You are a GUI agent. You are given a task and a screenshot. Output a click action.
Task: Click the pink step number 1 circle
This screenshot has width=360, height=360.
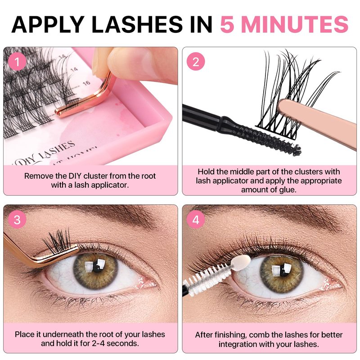point(17,62)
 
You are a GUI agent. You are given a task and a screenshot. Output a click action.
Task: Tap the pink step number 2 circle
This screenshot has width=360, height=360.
point(196,62)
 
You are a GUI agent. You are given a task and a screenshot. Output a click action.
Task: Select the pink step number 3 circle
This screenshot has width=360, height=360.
point(17,220)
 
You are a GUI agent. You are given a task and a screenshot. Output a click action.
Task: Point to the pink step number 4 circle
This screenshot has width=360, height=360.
point(196,220)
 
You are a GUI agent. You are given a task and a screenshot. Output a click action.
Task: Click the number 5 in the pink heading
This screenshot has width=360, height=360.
point(227,24)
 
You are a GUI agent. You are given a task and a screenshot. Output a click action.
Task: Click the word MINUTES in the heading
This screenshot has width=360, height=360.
point(295,24)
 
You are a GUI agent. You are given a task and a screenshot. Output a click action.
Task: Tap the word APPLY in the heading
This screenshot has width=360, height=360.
point(47,24)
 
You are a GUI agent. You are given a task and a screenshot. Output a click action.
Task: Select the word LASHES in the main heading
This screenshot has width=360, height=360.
point(137,24)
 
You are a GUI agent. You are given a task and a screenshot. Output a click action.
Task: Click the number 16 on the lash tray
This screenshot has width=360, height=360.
point(86,83)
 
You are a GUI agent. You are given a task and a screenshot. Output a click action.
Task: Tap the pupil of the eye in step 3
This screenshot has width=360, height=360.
point(96,267)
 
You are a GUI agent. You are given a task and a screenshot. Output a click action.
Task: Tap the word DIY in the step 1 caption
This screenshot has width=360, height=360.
point(75,176)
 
